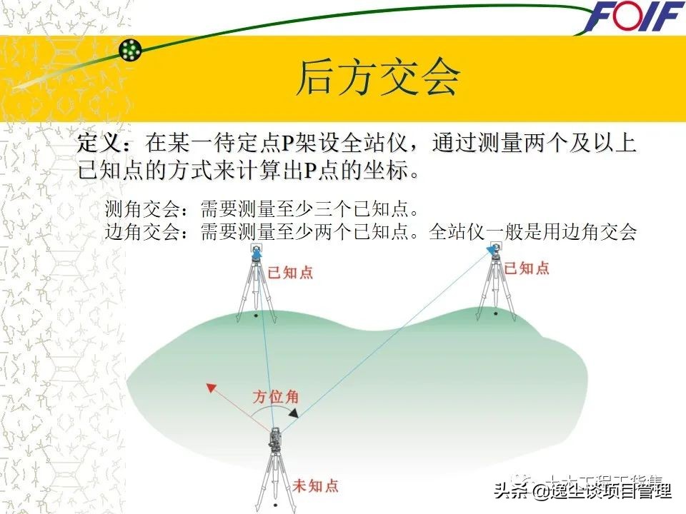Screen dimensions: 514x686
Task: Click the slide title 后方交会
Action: [x=378, y=77]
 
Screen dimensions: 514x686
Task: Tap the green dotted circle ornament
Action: [x=131, y=49]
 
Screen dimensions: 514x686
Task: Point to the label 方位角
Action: [x=275, y=398]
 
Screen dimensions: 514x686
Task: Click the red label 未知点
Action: [x=315, y=486]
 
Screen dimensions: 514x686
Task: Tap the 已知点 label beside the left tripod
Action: [x=289, y=273]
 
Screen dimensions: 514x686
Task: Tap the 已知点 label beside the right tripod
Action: [x=527, y=268]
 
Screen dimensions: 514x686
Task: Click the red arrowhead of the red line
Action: [x=210, y=388]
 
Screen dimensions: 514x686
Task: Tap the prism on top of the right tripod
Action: [x=494, y=248]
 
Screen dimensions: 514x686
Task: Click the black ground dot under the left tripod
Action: [x=255, y=315]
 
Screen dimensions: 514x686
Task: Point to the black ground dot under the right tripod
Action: [x=497, y=314]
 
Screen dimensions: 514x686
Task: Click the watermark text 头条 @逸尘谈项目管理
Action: [x=582, y=490]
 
